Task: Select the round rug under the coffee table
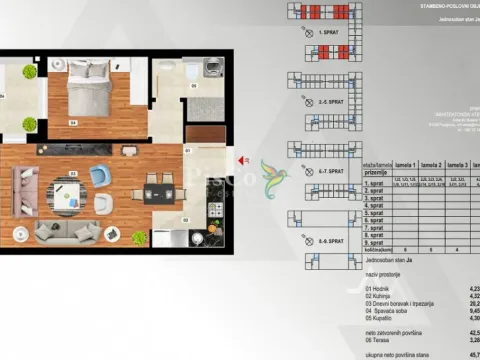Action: coord(72,198)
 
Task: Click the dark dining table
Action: coord(156,194)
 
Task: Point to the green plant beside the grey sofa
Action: coord(139,238)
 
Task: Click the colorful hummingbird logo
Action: coord(271,174)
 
